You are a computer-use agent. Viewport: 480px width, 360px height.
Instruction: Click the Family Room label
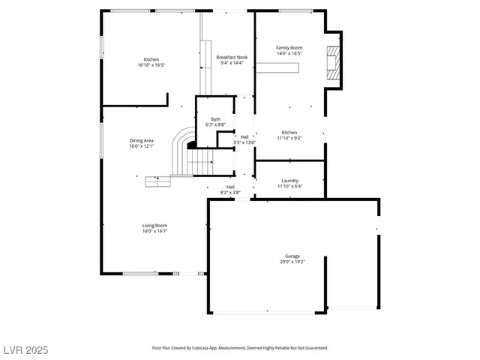[289, 47]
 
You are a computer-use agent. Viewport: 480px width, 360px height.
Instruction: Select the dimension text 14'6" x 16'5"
[289, 53]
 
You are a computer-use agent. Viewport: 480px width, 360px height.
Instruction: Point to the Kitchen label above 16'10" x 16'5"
[151, 59]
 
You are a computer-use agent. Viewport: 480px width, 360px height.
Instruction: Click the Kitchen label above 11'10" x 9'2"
[289, 132]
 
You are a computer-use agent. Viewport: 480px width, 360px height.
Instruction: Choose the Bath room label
[215, 119]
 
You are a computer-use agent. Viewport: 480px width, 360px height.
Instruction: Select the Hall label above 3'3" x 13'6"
[244, 136]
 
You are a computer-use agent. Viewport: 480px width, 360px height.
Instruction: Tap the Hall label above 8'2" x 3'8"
[230, 187]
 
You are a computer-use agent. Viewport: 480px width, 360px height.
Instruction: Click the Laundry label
[289, 180]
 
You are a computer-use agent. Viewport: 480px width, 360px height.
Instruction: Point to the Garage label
[292, 256]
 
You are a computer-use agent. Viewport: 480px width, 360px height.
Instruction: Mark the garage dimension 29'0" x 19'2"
[292, 262]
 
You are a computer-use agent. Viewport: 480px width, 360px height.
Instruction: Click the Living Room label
[154, 225]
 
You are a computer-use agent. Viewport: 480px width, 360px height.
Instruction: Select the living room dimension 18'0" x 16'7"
[154, 231]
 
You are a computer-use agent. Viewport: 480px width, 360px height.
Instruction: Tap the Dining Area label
[141, 140]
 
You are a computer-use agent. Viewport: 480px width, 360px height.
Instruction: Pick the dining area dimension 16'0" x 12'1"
[141, 146]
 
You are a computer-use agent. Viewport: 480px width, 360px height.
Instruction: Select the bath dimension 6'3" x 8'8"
[215, 125]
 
